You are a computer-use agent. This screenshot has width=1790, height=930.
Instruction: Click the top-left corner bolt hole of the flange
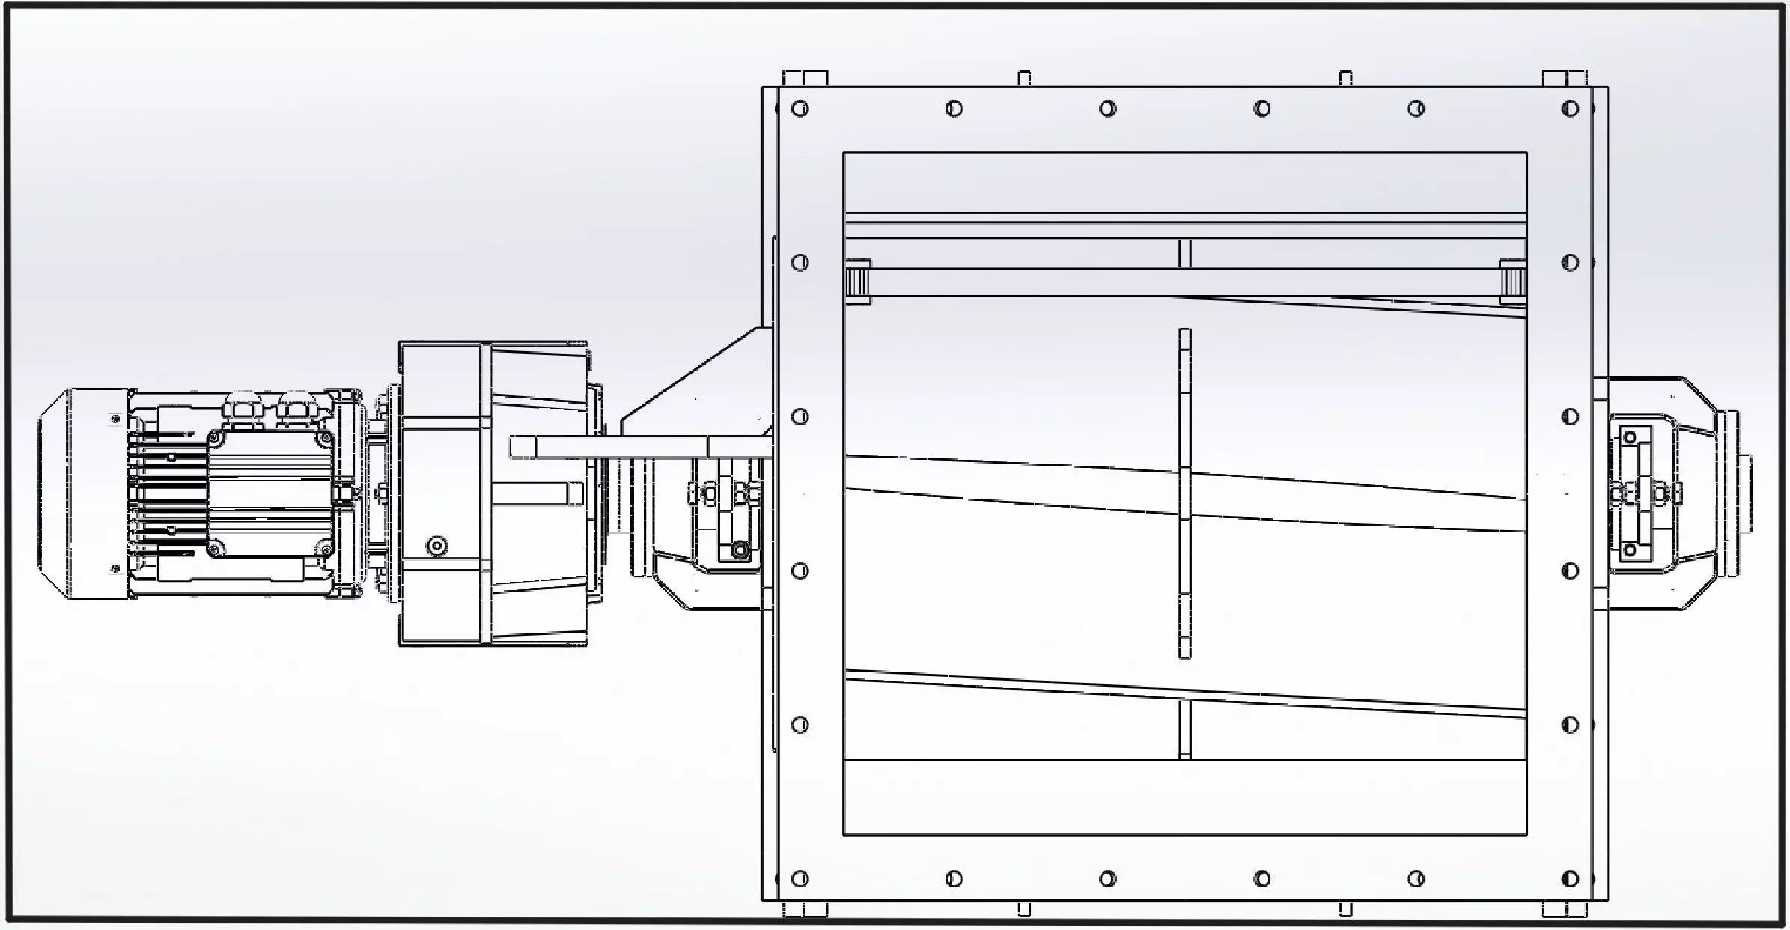[800, 109]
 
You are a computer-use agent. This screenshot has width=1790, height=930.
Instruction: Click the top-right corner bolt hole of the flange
[1570, 109]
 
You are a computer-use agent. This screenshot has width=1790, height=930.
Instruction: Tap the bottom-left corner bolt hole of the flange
[800, 878]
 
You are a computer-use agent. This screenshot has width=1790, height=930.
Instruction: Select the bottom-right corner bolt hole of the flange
[1570, 878]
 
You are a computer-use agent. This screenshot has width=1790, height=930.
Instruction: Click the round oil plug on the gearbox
[437, 545]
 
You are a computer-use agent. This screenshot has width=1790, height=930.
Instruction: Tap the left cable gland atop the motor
[241, 408]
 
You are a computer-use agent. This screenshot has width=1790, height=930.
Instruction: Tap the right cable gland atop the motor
[294, 408]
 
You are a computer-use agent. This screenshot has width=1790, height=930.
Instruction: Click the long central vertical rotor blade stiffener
[1184, 494]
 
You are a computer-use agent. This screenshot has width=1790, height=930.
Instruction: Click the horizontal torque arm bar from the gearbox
[636, 448]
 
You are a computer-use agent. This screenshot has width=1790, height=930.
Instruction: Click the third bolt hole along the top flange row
[1108, 109]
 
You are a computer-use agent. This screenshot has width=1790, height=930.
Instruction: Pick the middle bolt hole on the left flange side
[800, 416]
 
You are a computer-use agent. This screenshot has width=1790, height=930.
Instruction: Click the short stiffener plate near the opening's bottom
[1184, 730]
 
